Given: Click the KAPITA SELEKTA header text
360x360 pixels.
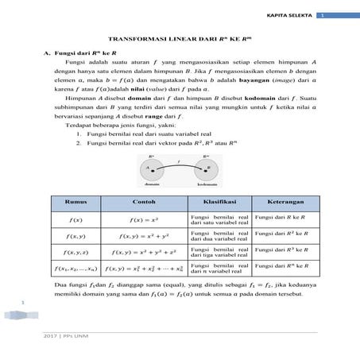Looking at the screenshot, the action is point(291,15).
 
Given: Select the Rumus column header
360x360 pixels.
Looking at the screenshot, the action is point(77,201).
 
